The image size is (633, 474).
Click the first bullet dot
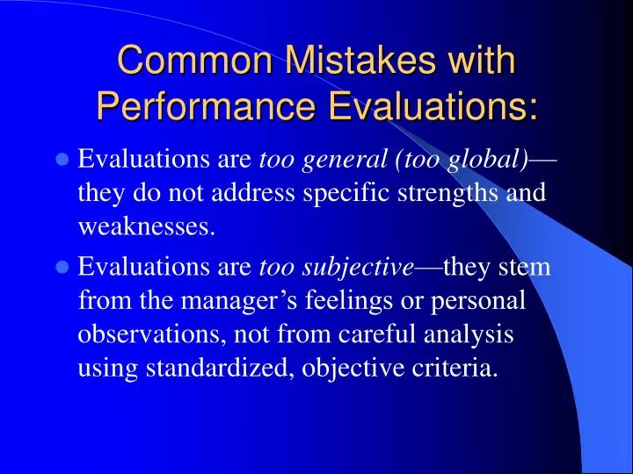tap(62, 160)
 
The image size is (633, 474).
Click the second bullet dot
tap(62, 268)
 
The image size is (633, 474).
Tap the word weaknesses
tap(146, 227)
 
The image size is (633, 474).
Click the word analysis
tap(468, 334)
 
